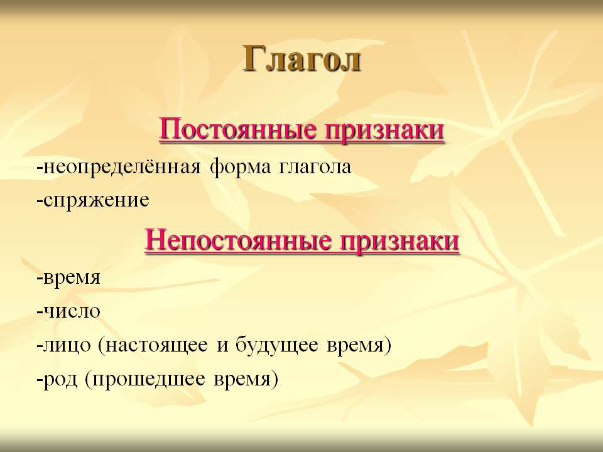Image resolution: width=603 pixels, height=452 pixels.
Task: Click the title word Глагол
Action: [x=302, y=59]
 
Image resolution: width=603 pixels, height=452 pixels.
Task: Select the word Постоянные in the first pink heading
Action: [x=238, y=129]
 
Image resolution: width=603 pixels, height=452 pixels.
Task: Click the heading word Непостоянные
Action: [x=238, y=240]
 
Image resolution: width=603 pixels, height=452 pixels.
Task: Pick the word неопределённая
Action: [x=122, y=168]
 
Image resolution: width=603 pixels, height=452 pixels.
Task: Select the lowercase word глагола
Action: [x=315, y=168]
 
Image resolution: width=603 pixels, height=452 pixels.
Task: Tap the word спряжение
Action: [x=96, y=201]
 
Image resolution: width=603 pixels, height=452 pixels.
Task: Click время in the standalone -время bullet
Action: [x=72, y=277]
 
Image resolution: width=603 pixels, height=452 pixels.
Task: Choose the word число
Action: [x=72, y=311]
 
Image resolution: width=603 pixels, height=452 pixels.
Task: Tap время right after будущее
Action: [x=356, y=345]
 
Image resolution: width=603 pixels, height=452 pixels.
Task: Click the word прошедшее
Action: [x=148, y=380]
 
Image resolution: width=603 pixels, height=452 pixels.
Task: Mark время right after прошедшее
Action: [x=242, y=379]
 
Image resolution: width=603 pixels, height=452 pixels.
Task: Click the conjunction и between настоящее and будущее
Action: [x=222, y=345]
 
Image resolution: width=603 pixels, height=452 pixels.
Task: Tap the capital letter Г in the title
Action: [x=253, y=58]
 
